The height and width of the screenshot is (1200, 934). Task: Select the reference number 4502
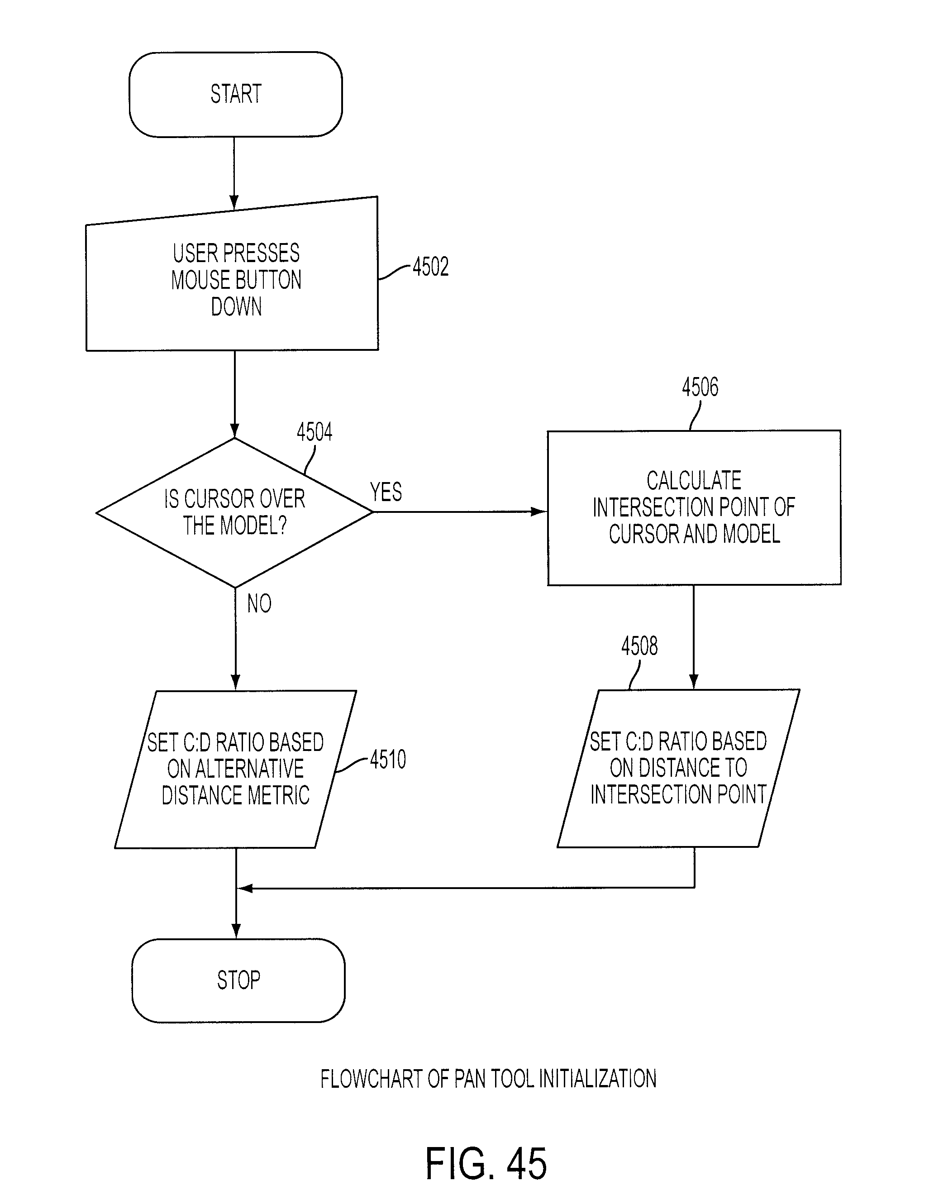click(x=431, y=267)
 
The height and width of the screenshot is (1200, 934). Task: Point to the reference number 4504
click(x=314, y=432)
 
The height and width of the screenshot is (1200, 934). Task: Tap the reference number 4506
click(x=700, y=387)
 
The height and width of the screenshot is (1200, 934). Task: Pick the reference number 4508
click(x=639, y=646)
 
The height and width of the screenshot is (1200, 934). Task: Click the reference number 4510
click(x=388, y=760)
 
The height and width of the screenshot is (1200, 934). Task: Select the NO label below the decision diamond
click(x=259, y=603)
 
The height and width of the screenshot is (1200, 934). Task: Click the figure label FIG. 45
click(x=486, y=1164)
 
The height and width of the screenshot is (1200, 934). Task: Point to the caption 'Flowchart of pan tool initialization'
click(x=488, y=1079)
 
